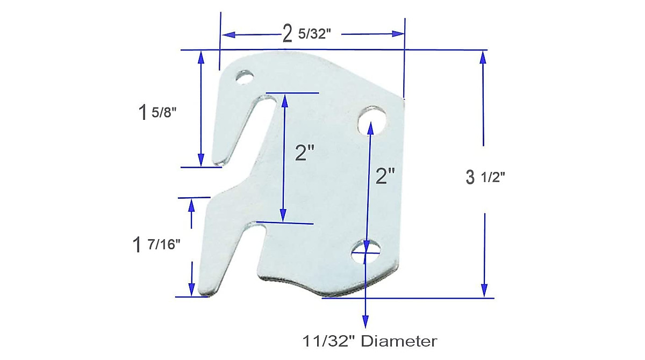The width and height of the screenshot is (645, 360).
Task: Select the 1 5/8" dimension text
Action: coord(157,113)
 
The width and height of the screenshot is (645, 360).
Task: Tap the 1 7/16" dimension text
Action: coord(156,245)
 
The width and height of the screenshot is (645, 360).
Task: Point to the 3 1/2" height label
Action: coord(485,178)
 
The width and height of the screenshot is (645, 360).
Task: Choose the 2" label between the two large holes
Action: coord(385,176)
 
